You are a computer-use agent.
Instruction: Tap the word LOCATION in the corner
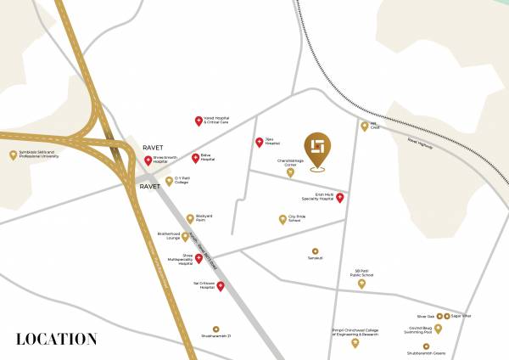pyautogui.click(x=56, y=339)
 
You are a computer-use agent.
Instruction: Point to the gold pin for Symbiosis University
pyautogui.click(x=13, y=155)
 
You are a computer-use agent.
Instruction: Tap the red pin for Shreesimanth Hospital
pyautogui.click(x=148, y=160)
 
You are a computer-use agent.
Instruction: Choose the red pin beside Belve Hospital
pyautogui.click(x=194, y=157)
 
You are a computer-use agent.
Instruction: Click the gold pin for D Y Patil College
pyautogui.click(x=169, y=180)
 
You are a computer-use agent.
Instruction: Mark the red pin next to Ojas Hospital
pyautogui.click(x=259, y=142)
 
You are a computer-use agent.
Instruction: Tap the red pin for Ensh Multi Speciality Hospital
pyautogui.click(x=340, y=198)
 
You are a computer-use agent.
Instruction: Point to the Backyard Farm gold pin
pyautogui.click(x=190, y=218)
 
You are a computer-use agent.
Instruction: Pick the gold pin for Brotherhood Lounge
pyautogui.click(x=185, y=236)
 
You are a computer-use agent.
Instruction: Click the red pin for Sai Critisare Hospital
pyautogui.click(x=221, y=286)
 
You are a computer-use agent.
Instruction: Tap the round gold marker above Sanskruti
pyautogui.click(x=315, y=251)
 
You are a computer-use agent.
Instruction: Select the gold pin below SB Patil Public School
pyautogui.click(x=362, y=284)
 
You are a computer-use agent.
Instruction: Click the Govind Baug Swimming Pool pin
pyautogui.click(x=438, y=328)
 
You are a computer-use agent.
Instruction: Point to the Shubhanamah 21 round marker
pyautogui.click(x=215, y=329)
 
